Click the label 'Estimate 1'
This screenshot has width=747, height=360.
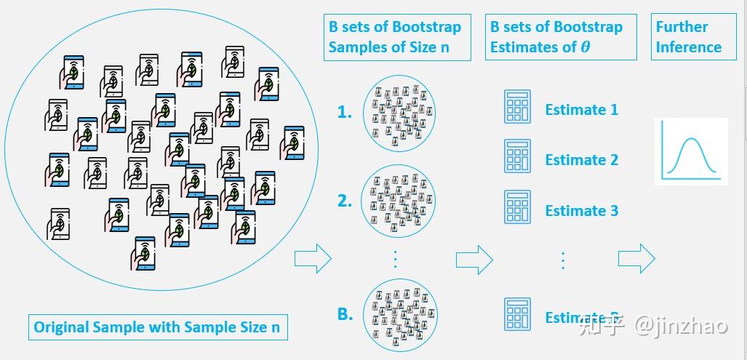tap(581, 110)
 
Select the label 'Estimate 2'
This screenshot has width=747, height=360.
tap(581, 160)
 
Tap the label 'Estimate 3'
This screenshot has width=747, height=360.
tap(581, 211)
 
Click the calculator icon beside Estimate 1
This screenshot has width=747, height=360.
tap(517, 107)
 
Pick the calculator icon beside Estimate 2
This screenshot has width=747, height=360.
tap(517, 156)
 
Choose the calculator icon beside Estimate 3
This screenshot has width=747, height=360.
tap(517, 207)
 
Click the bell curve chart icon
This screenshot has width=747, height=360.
tap(691, 151)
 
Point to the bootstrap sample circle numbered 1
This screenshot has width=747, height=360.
tap(399, 113)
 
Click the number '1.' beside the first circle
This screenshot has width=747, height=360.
tap(344, 113)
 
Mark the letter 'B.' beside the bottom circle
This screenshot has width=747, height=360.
tap(345, 314)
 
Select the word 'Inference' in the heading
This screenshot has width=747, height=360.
tap(688, 47)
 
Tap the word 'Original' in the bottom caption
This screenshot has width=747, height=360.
tap(62, 327)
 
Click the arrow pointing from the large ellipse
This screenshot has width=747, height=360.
tap(312, 258)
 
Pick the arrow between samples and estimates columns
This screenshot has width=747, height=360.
tap(474, 258)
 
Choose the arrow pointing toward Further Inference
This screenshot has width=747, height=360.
tap(636, 258)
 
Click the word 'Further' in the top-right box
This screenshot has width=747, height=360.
tap(682, 27)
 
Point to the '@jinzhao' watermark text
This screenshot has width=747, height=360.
tap(681, 325)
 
